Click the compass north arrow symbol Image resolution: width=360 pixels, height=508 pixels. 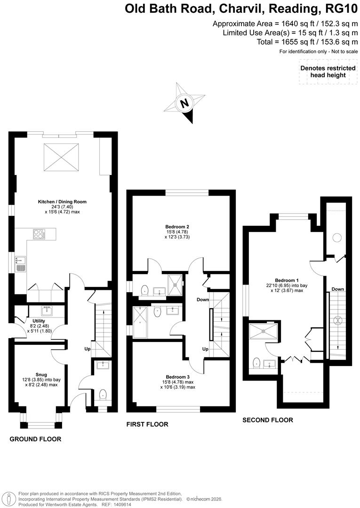coord(185,103)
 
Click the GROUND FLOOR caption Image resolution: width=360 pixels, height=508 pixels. coord(36,439)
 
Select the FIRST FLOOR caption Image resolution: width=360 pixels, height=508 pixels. coord(147,424)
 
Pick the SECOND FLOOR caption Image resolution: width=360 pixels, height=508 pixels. coord(268,420)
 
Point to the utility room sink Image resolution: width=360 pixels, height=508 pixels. coord(48,310)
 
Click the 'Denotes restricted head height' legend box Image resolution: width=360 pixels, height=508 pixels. coord(328,72)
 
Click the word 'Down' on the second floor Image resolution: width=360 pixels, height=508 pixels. coord(337,289)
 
